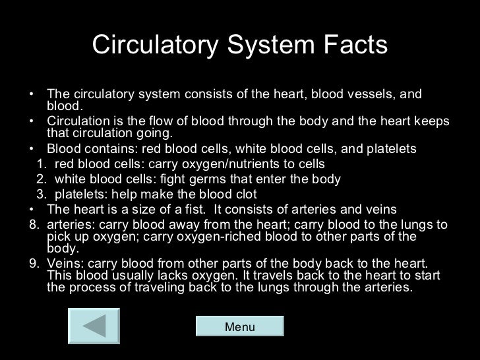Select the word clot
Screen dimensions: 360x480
tap(245, 195)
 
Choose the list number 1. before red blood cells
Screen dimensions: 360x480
tap(40, 164)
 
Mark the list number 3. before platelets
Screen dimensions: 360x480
tap(40, 195)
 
